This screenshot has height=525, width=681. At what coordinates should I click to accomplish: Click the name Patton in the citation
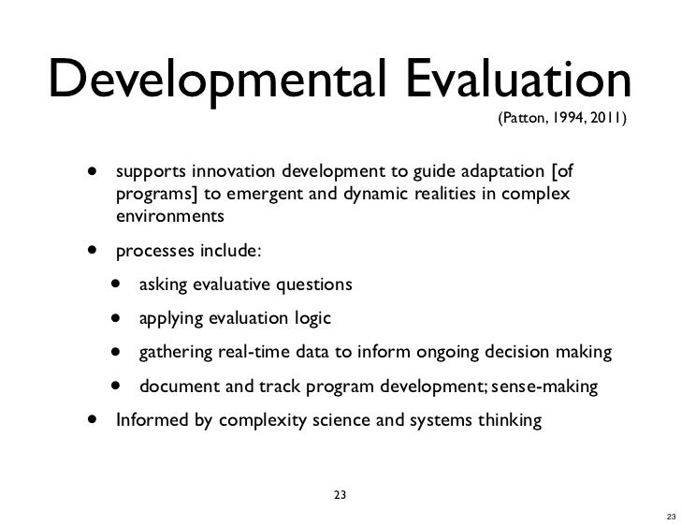tap(520, 119)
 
